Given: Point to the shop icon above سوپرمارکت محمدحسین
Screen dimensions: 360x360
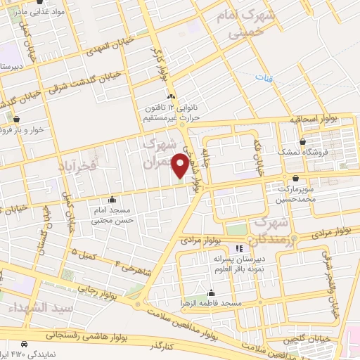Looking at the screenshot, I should pyautogui.click(x=295, y=178).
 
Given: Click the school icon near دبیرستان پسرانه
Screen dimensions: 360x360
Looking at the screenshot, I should pyautogui.click(x=239, y=248).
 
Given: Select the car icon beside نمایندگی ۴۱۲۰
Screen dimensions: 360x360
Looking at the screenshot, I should pyautogui.click(x=25, y=344).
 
